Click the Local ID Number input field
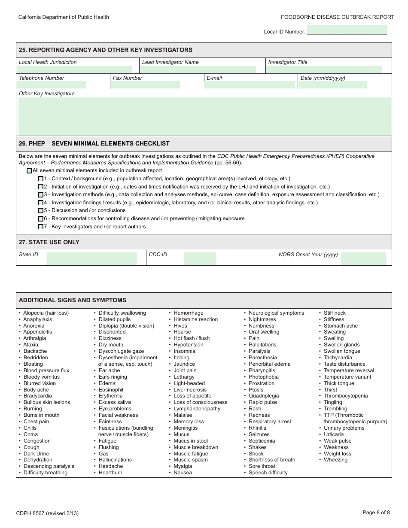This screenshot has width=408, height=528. coord(347,30)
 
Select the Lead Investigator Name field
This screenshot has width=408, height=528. coord(199,69)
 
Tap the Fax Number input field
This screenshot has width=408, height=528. coord(145,85)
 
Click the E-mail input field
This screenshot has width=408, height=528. coord(250,85)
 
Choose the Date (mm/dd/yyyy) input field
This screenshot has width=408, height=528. coord(333,85)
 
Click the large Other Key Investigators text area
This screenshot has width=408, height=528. coord(204,116)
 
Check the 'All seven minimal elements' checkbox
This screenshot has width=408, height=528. coord(29,171)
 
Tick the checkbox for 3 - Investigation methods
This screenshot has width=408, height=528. coord(40,195)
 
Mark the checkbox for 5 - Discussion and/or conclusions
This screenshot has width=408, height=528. coord(40,211)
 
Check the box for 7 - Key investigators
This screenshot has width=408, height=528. coord(40,227)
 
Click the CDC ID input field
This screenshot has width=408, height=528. coord(200,258)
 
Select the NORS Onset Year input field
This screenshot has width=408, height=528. coord(363,258)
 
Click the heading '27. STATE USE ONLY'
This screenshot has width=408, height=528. coord(49,242)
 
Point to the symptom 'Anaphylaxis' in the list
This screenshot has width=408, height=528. coord(37,319)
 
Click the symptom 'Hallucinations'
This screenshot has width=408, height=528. coord(115,460)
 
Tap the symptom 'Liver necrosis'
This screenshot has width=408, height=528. coord(190,390)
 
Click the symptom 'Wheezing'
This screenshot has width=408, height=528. coord(335,460)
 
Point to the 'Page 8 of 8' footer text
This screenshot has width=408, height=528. coord(376,512)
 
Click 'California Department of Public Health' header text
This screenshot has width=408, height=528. coord(64,17)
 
